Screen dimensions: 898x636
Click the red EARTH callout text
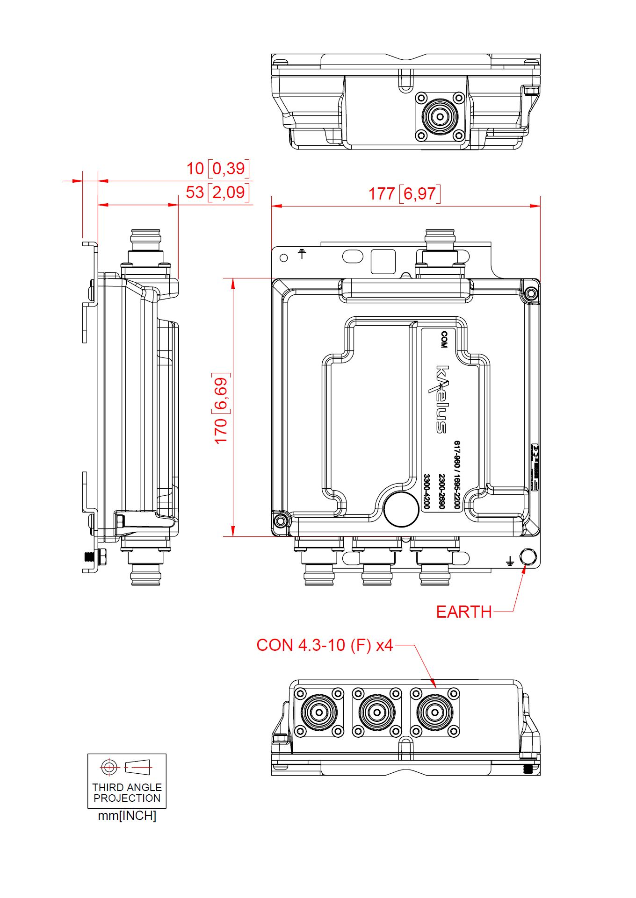463,612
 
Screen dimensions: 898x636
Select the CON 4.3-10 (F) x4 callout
325,645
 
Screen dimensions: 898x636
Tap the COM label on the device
444,340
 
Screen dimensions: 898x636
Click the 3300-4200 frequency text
426,491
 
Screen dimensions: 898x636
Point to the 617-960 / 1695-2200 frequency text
457,475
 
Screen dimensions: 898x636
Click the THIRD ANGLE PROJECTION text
127,793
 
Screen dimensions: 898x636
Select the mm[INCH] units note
127,816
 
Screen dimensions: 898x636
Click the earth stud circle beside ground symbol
528,557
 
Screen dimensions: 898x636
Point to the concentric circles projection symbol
109,767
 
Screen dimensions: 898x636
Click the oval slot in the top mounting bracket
353,256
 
